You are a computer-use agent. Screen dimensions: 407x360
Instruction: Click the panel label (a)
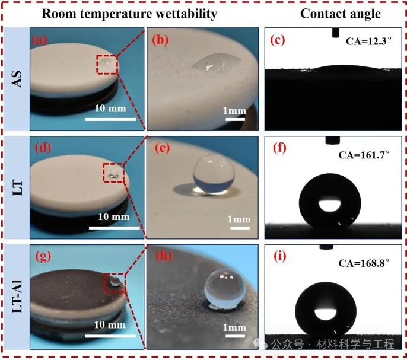[x=40, y=40]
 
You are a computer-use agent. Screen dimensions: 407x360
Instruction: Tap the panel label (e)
[x=163, y=148]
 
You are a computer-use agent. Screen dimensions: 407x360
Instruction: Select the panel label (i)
[x=280, y=256]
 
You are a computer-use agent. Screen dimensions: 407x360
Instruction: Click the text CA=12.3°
[x=368, y=41]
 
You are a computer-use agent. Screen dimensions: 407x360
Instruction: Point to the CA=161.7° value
[x=364, y=155]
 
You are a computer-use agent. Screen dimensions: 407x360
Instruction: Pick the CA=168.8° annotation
[x=364, y=263]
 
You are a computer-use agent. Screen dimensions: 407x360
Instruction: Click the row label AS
[x=17, y=79]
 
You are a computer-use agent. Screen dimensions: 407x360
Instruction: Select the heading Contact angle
[x=341, y=14]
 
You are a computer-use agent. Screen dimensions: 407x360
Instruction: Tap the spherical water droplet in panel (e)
[x=214, y=174]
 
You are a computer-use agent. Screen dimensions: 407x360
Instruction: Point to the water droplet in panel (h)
[x=225, y=289]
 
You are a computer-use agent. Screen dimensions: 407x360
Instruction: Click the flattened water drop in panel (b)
[x=215, y=62]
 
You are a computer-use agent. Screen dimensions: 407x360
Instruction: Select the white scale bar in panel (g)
[x=110, y=336]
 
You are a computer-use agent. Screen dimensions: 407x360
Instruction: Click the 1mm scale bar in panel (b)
[x=235, y=119]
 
